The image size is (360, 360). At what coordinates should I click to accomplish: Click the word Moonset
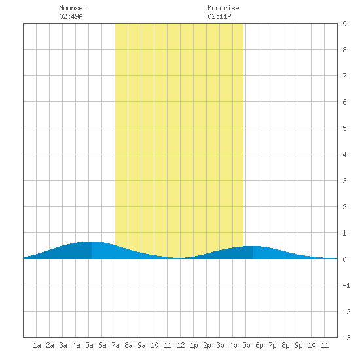(x=73, y=8)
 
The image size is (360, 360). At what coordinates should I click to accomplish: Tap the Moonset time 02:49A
(x=71, y=16)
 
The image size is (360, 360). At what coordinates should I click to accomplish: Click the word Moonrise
(x=223, y=8)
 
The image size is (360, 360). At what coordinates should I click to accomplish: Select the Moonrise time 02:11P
(x=219, y=16)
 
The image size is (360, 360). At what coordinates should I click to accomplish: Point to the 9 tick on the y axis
(x=344, y=24)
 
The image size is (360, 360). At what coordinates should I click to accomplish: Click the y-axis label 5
(x=344, y=128)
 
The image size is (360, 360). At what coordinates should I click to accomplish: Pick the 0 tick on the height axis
(x=344, y=259)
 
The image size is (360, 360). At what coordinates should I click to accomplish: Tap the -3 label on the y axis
(x=346, y=338)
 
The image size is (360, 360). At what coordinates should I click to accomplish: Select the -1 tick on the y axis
(x=346, y=285)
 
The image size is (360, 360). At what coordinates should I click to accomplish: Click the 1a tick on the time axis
(x=37, y=345)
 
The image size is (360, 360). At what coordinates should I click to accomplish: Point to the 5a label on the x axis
(x=89, y=345)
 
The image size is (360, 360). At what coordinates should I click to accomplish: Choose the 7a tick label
(x=115, y=345)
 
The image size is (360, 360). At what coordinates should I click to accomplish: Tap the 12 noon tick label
(x=181, y=345)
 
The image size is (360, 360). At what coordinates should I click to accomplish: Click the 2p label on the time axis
(x=207, y=345)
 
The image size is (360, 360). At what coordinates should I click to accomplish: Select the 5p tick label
(x=246, y=345)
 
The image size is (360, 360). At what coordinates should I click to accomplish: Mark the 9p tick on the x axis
(x=298, y=345)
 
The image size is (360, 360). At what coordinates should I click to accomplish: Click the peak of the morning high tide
(x=92, y=242)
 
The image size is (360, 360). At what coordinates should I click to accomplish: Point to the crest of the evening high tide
(x=253, y=246)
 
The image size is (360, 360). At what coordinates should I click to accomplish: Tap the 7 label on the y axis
(x=344, y=76)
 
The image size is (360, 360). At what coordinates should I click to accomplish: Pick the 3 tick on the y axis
(x=344, y=181)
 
